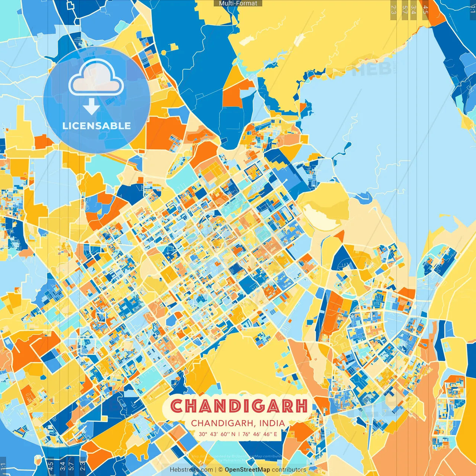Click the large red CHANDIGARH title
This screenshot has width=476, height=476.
(239, 406)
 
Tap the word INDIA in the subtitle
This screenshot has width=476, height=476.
(272, 423)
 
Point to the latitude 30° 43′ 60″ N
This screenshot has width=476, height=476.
(217, 434)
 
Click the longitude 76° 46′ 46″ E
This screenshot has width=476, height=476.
(260, 434)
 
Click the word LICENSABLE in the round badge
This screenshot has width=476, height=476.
(97, 126)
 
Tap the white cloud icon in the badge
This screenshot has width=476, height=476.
(96, 78)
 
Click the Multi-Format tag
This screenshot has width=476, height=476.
(238, 3)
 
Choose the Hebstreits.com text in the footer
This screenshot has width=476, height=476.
(191, 470)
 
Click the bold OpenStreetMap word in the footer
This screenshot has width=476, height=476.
(247, 470)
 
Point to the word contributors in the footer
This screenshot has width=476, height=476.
(289, 470)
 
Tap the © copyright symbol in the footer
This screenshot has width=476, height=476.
(221, 470)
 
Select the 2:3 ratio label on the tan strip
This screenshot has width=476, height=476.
(393, 10)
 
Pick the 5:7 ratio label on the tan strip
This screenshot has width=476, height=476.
(405, 10)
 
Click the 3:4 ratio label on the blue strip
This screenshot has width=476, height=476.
(62, 466)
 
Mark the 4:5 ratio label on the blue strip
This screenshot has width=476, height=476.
(51, 466)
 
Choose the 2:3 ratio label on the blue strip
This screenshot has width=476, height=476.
(83, 466)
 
